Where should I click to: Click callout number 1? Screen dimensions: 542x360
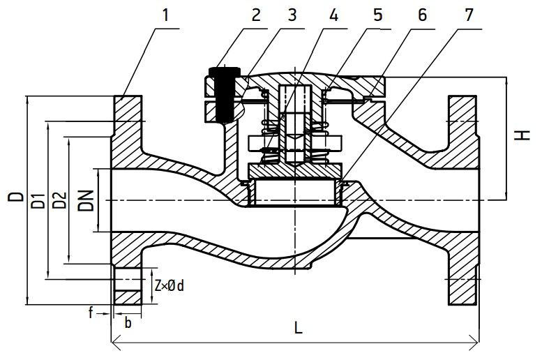pyautogui.click(x=166, y=15)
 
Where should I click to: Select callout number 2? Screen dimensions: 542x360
pyautogui.click(x=255, y=15)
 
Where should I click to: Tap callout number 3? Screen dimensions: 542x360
pyautogui.click(x=292, y=15)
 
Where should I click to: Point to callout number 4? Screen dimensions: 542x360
pyautogui.click(x=333, y=15)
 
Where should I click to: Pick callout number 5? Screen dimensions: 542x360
pyautogui.click(x=378, y=15)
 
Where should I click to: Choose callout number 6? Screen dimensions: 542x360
pyautogui.click(x=423, y=15)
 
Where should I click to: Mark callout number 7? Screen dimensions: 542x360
pyautogui.click(x=469, y=15)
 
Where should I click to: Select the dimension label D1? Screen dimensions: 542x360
pyautogui.click(x=38, y=200)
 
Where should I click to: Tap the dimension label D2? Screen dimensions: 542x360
pyautogui.click(x=59, y=200)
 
